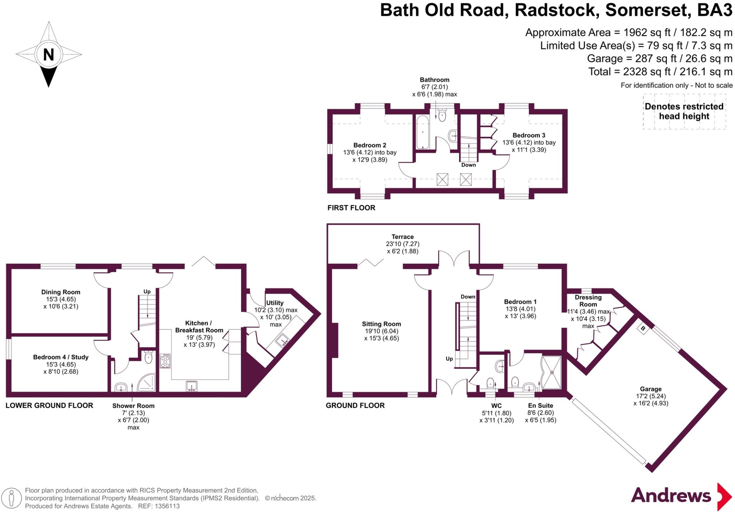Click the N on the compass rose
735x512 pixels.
[x=48, y=55]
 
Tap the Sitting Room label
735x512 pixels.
[x=381, y=324]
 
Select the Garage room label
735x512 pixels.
[x=650, y=389]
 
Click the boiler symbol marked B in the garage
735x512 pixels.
[x=643, y=328]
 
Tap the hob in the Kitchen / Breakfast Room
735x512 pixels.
[x=165, y=361]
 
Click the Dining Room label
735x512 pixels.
[x=61, y=292]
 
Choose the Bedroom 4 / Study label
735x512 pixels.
[x=61, y=357]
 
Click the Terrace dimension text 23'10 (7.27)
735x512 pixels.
[x=402, y=244]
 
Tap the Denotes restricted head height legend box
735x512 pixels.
[x=684, y=112]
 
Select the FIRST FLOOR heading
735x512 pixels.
[x=351, y=208]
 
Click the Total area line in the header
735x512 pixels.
[x=660, y=72]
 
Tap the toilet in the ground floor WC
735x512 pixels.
[x=490, y=383]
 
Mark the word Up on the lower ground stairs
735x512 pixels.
[x=147, y=291]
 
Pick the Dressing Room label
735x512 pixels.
[x=588, y=301]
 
